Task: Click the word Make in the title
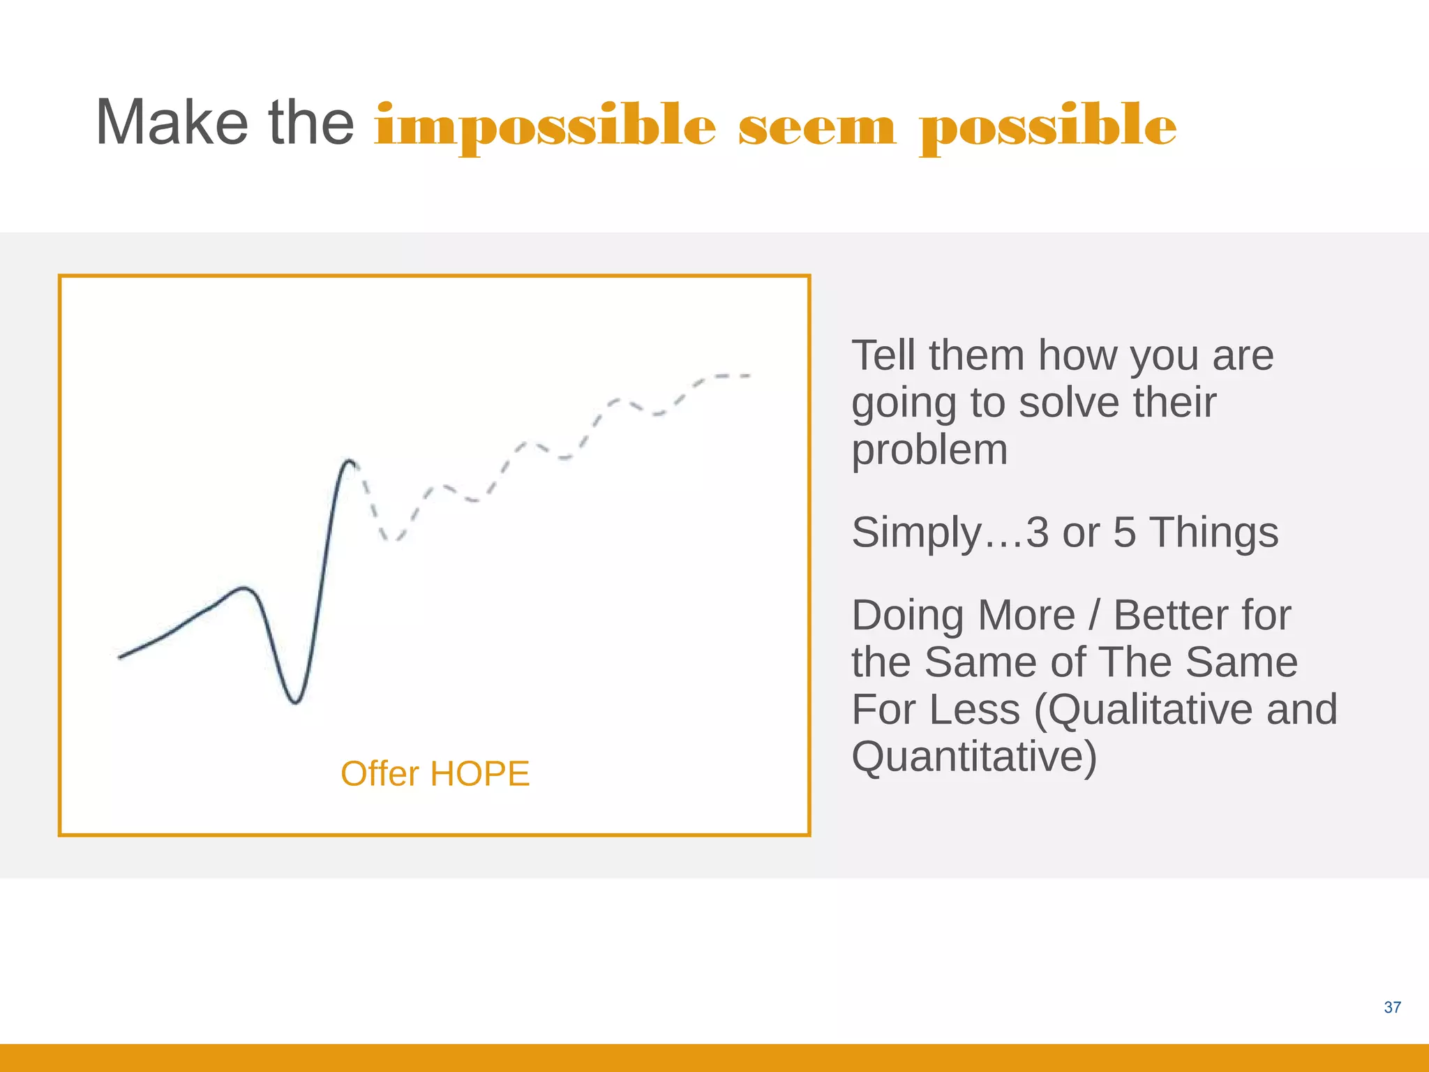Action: pyautogui.click(x=172, y=123)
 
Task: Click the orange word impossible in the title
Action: pyautogui.click(x=544, y=126)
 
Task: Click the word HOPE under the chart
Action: pyautogui.click(x=480, y=774)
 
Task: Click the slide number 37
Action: pyautogui.click(x=1392, y=1007)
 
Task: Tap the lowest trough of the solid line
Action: pyautogui.click(x=296, y=701)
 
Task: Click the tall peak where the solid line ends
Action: pyautogui.click(x=348, y=461)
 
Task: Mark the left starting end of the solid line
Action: pyautogui.click(x=121, y=657)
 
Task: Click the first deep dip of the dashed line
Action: pyautogui.click(x=393, y=539)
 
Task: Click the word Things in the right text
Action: pyautogui.click(x=1213, y=533)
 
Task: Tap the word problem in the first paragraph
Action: pyautogui.click(x=929, y=450)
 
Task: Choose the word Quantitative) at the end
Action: pyautogui.click(x=974, y=757)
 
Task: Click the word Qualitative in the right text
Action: pyautogui.click(x=1144, y=710)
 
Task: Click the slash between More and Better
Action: pyautogui.click(x=1094, y=616)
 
